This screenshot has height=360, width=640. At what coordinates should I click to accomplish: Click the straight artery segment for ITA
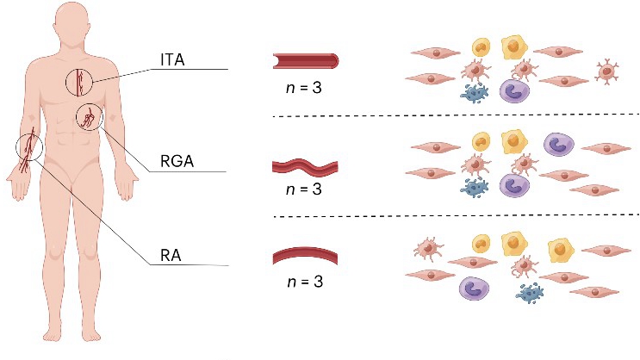(x=305, y=60)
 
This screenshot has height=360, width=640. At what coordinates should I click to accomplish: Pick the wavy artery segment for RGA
(x=305, y=164)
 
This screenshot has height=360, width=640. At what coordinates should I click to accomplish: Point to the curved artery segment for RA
(x=305, y=256)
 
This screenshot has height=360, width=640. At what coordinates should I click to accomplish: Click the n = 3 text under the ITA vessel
(x=303, y=86)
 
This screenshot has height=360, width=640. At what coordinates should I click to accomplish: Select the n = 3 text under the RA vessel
(x=303, y=281)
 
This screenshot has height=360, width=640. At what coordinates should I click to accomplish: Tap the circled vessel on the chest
(x=81, y=82)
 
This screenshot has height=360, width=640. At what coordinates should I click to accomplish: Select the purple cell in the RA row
(x=475, y=289)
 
